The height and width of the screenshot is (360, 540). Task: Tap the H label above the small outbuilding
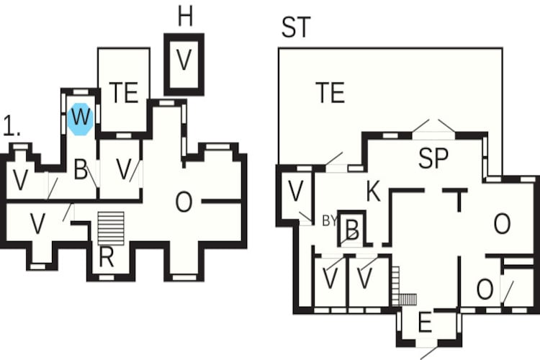pyautogui.click(x=185, y=17)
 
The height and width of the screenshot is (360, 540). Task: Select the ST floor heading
pyautogui.click(x=296, y=27)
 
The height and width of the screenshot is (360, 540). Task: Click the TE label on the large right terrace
pyautogui.click(x=330, y=92)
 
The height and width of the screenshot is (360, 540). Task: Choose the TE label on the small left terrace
pyautogui.click(x=124, y=92)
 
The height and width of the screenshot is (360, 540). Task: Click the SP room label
pyautogui.click(x=433, y=158)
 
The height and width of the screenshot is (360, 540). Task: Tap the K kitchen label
pyautogui.click(x=373, y=192)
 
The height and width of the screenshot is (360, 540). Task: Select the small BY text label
pyautogui.click(x=329, y=221)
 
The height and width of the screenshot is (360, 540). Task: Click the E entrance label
pyautogui.click(x=425, y=323)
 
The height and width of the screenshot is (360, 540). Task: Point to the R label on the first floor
pyautogui.click(x=106, y=257)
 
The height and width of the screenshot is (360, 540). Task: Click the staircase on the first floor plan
pyautogui.click(x=111, y=229)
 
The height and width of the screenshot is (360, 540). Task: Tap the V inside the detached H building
pyautogui.click(x=184, y=60)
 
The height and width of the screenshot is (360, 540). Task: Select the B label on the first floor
pyautogui.click(x=81, y=169)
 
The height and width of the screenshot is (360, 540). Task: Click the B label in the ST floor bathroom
pyautogui.click(x=352, y=230)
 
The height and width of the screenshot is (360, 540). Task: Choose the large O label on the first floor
pyautogui.click(x=184, y=202)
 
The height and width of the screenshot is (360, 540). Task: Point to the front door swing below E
pyautogui.click(x=429, y=353)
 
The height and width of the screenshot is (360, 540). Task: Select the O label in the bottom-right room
pyautogui.click(x=485, y=289)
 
